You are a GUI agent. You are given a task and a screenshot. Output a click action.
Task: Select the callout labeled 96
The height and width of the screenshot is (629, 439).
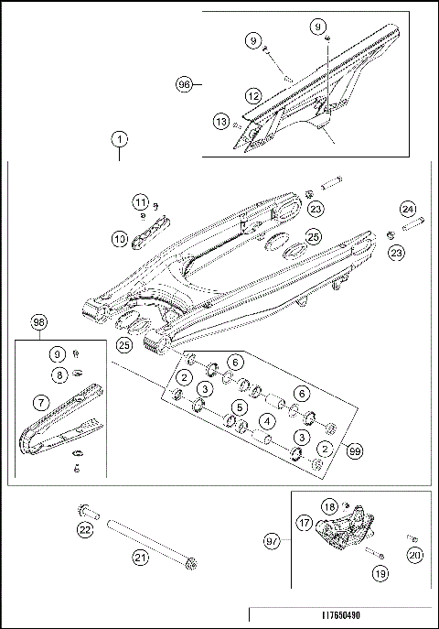(x=185, y=83)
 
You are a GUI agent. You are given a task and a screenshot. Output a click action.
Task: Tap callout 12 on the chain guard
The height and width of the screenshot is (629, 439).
(x=253, y=93)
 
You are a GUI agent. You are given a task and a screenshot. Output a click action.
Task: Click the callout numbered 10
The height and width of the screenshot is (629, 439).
(x=121, y=239)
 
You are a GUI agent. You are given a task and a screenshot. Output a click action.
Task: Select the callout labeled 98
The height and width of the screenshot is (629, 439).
(x=38, y=323)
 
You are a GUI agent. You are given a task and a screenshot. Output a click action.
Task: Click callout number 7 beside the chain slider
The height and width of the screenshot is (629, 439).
(x=41, y=401)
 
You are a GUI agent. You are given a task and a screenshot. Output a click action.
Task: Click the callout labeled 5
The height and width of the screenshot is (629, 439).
(x=239, y=406)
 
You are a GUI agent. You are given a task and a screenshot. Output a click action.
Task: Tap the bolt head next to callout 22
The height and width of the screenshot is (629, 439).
(x=86, y=508)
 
